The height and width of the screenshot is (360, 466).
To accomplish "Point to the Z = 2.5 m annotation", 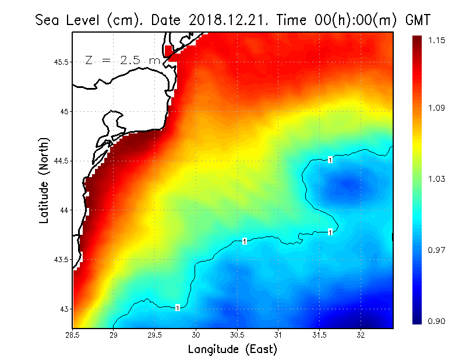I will point(122,61).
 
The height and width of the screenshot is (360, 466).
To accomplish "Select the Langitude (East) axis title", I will point(232,349).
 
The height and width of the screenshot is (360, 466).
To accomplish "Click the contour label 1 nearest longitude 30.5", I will point(245,241).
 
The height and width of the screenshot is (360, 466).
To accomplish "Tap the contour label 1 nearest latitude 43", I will point(177,308).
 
